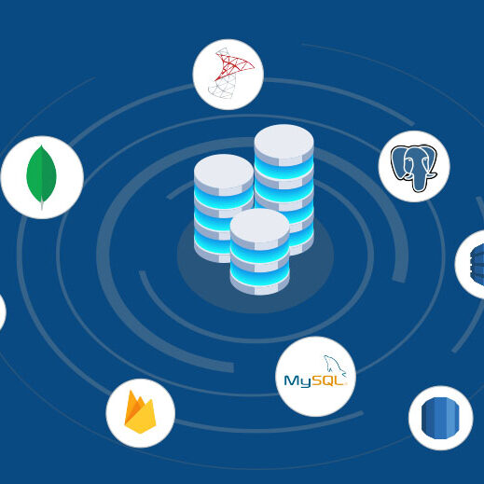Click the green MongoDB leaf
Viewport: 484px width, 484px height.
[x=41, y=173]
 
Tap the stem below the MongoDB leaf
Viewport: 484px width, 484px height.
[x=42, y=206]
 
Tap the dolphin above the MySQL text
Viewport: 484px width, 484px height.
[x=332, y=363]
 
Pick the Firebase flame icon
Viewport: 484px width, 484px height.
[x=140, y=412]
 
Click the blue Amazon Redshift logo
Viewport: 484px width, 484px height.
[x=440, y=418]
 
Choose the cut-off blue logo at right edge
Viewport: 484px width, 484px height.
[x=475, y=264]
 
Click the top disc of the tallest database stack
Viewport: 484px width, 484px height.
[x=283, y=141]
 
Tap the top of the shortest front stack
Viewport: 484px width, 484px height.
[x=259, y=225]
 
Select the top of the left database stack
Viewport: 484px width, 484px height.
[x=224, y=171]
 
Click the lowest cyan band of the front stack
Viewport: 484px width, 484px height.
[x=259, y=276]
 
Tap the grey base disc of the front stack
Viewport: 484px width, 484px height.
[x=259, y=288]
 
